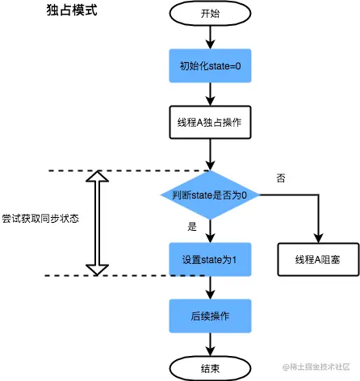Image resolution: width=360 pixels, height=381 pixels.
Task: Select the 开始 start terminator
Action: click(x=210, y=14)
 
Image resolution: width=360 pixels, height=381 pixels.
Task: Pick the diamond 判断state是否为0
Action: click(x=210, y=195)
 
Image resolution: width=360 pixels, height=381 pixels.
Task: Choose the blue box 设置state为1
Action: click(x=210, y=259)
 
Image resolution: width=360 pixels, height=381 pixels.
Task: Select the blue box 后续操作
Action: click(x=210, y=315)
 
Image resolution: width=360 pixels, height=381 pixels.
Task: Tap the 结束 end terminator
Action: click(x=210, y=367)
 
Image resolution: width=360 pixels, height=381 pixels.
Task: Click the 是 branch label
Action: click(x=192, y=227)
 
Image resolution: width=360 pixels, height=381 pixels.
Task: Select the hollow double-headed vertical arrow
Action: click(x=97, y=223)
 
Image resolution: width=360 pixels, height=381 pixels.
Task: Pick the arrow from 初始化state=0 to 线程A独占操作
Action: click(x=210, y=94)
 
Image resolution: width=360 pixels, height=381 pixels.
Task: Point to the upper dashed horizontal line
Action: click(x=121, y=171)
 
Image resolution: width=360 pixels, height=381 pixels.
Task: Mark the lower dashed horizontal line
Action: click(x=121, y=276)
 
